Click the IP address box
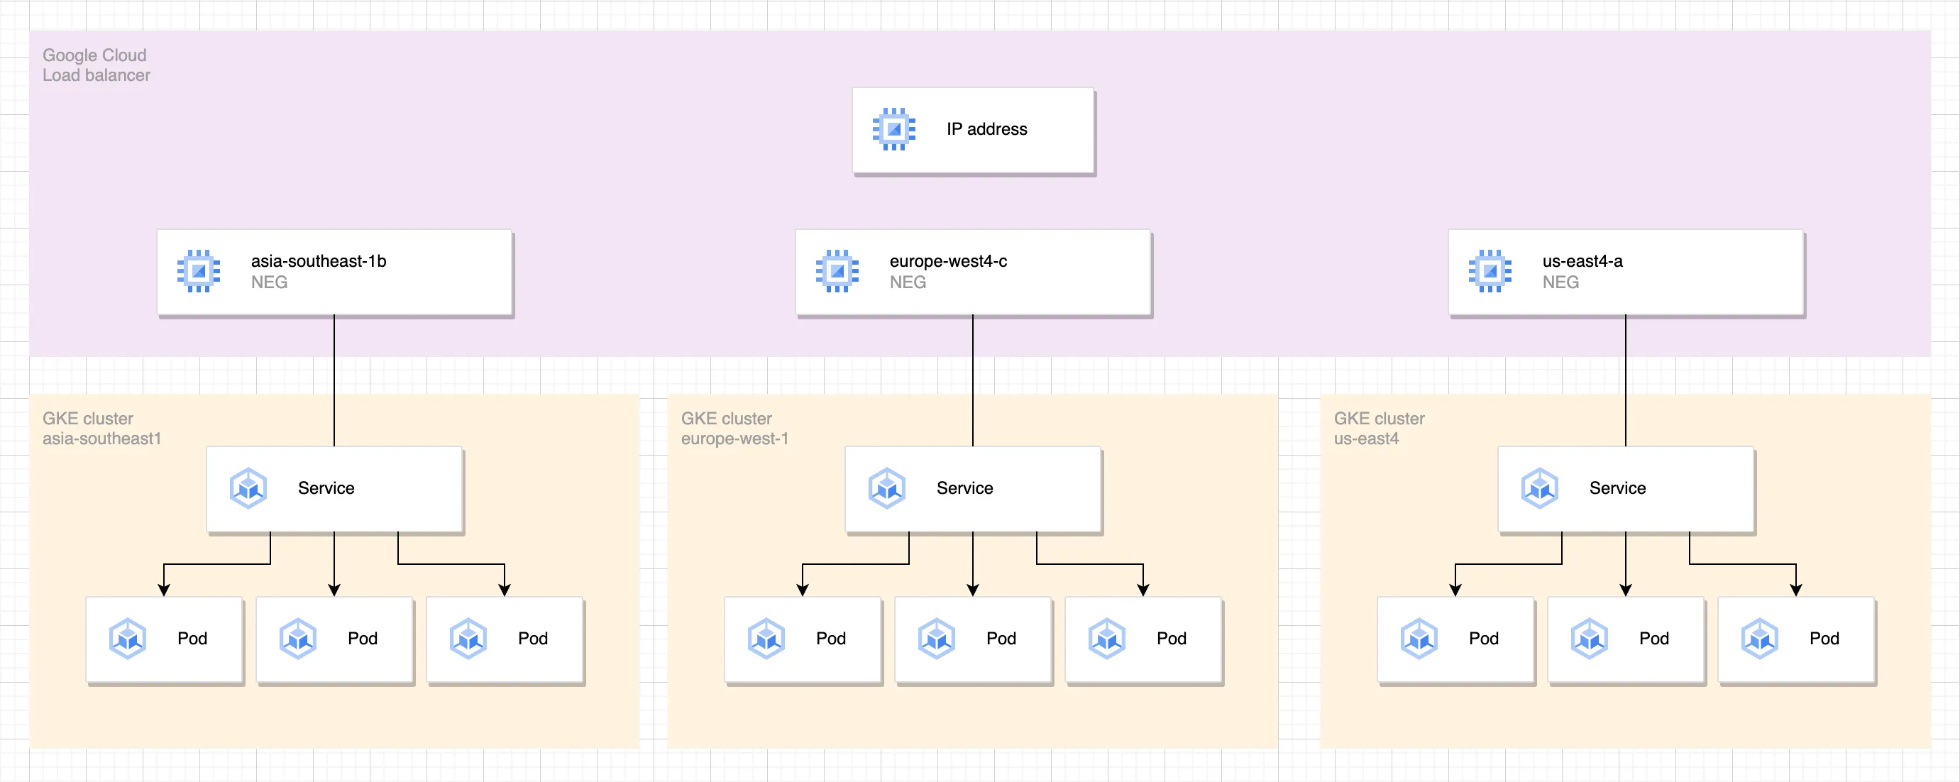973,131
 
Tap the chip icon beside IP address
894,129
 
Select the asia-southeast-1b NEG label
319,272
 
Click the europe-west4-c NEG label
948,272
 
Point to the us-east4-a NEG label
1582,272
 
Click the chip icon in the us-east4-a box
1490,271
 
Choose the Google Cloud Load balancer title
96,65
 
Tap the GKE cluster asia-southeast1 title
102,429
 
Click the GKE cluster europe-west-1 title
735,429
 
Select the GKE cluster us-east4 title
1379,429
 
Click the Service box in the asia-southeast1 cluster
335,490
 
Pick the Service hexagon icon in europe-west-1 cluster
887,488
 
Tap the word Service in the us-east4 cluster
1618,488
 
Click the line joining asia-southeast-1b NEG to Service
334,381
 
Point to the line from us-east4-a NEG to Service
1626,381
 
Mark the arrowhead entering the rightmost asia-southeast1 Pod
505,590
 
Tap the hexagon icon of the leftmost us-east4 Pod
1419,639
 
